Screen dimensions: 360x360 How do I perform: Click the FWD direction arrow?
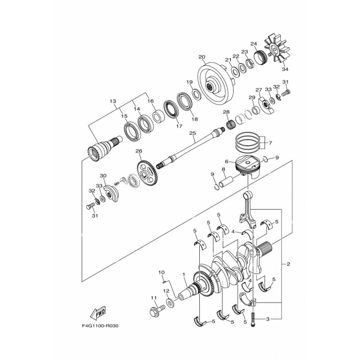coord(97,313)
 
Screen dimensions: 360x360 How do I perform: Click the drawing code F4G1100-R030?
coord(100,325)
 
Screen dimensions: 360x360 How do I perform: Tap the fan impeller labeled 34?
coord(277,49)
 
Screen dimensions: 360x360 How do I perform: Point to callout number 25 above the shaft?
coord(193,133)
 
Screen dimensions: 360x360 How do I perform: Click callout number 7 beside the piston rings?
coord(270,143)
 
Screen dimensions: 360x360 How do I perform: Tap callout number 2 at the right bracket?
coord(288,264)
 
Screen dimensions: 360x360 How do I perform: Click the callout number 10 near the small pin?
coord(162,273)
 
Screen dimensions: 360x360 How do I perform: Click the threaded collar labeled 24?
coord(261,58)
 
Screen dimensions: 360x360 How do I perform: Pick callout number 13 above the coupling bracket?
coord(113,101)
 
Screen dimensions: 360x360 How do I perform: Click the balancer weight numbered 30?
coord(111,193)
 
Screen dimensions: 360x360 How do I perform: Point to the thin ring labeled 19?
coord(197,94)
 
